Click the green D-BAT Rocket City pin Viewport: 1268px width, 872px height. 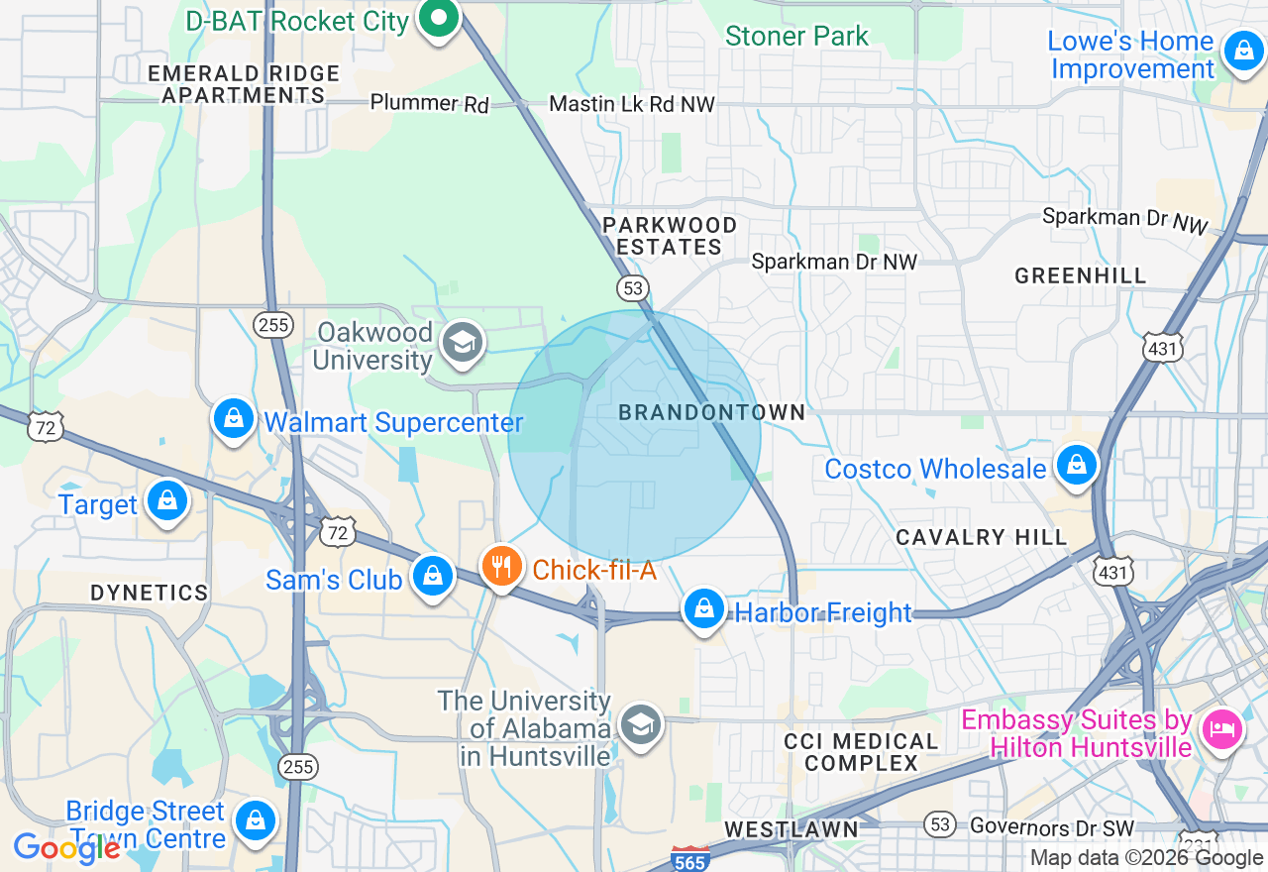click(x=437, y=19)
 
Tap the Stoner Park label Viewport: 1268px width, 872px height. click(x=796, y=37)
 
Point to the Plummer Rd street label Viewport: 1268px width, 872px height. click(x=429, y=103)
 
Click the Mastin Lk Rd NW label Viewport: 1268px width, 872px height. click(x=631, y=104)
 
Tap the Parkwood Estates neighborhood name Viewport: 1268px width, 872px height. click(x=670, y=237)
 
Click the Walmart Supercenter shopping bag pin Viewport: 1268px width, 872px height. click(x=234, y=419)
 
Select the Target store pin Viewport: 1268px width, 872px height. click(x=167, y=501)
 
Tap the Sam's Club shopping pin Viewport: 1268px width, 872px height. click(x=433, y=576)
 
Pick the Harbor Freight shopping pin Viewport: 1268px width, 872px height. click(x=703, y=609)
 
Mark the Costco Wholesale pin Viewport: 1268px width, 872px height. click(x=1076, y=465)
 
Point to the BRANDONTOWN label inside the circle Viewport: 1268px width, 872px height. click(x=711, y=412)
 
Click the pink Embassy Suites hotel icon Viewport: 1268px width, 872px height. click(x=1221, y=729)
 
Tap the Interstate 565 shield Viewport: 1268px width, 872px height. click(x=689, y=860)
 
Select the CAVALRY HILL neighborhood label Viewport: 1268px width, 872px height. click(x=981, y=537)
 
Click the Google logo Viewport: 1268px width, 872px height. click(x=66, y=848)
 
